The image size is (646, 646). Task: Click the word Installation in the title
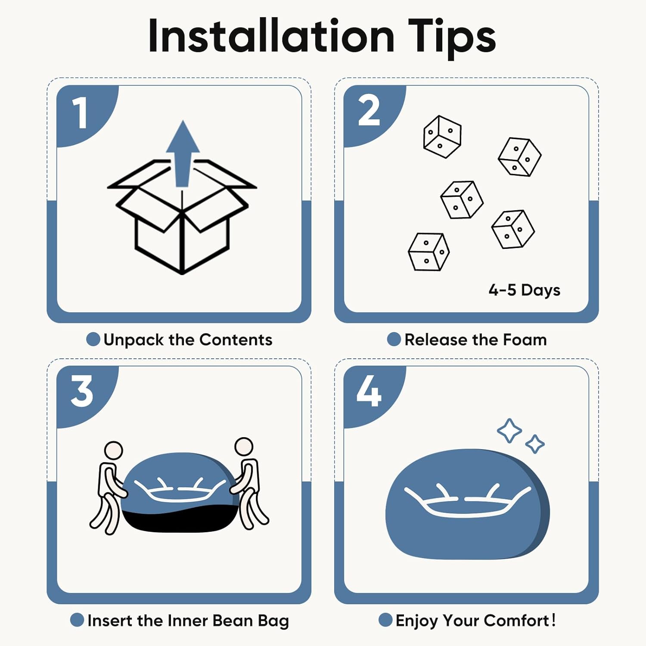[x=271, y=36]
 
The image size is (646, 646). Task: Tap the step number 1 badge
[x=81, y=112]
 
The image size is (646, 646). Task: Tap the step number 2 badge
[x=369, y=111]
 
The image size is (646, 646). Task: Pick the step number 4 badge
[x=369, y=391]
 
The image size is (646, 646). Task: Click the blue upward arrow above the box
[x=183, y=153]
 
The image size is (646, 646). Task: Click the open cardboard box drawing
[x=182, y=220]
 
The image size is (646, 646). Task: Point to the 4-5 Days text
[x=524, y=290]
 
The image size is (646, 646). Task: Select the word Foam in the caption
[x=525, y=340]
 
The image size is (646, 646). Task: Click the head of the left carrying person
[x=114, y=450]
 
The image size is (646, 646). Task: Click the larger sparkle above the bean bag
[x=509, y=431]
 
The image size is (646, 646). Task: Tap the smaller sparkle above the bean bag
[x=535, y=444]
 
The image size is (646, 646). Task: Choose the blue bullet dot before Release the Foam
[x=394, y=339]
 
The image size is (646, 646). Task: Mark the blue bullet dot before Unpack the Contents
[x=93, y=339]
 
